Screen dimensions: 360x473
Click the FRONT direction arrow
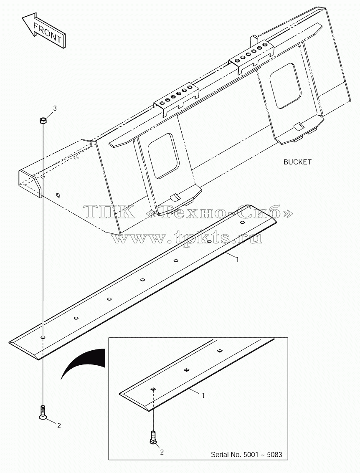coord(44,30)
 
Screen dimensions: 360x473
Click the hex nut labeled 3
coord(43,121)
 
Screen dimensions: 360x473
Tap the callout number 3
coord(55,108)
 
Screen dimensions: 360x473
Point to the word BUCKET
coord(297,162)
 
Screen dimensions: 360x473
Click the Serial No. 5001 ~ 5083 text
coord(246,454)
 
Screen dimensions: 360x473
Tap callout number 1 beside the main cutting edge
coord(238,259)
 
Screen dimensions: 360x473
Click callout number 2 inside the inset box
coord(162,453)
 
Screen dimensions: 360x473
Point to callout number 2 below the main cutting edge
coord(59,426)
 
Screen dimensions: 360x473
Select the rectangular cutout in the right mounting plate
coord(286,86)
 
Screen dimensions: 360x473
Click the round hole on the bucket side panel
coord(58,196)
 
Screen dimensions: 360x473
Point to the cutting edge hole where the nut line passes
coord(43,336)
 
